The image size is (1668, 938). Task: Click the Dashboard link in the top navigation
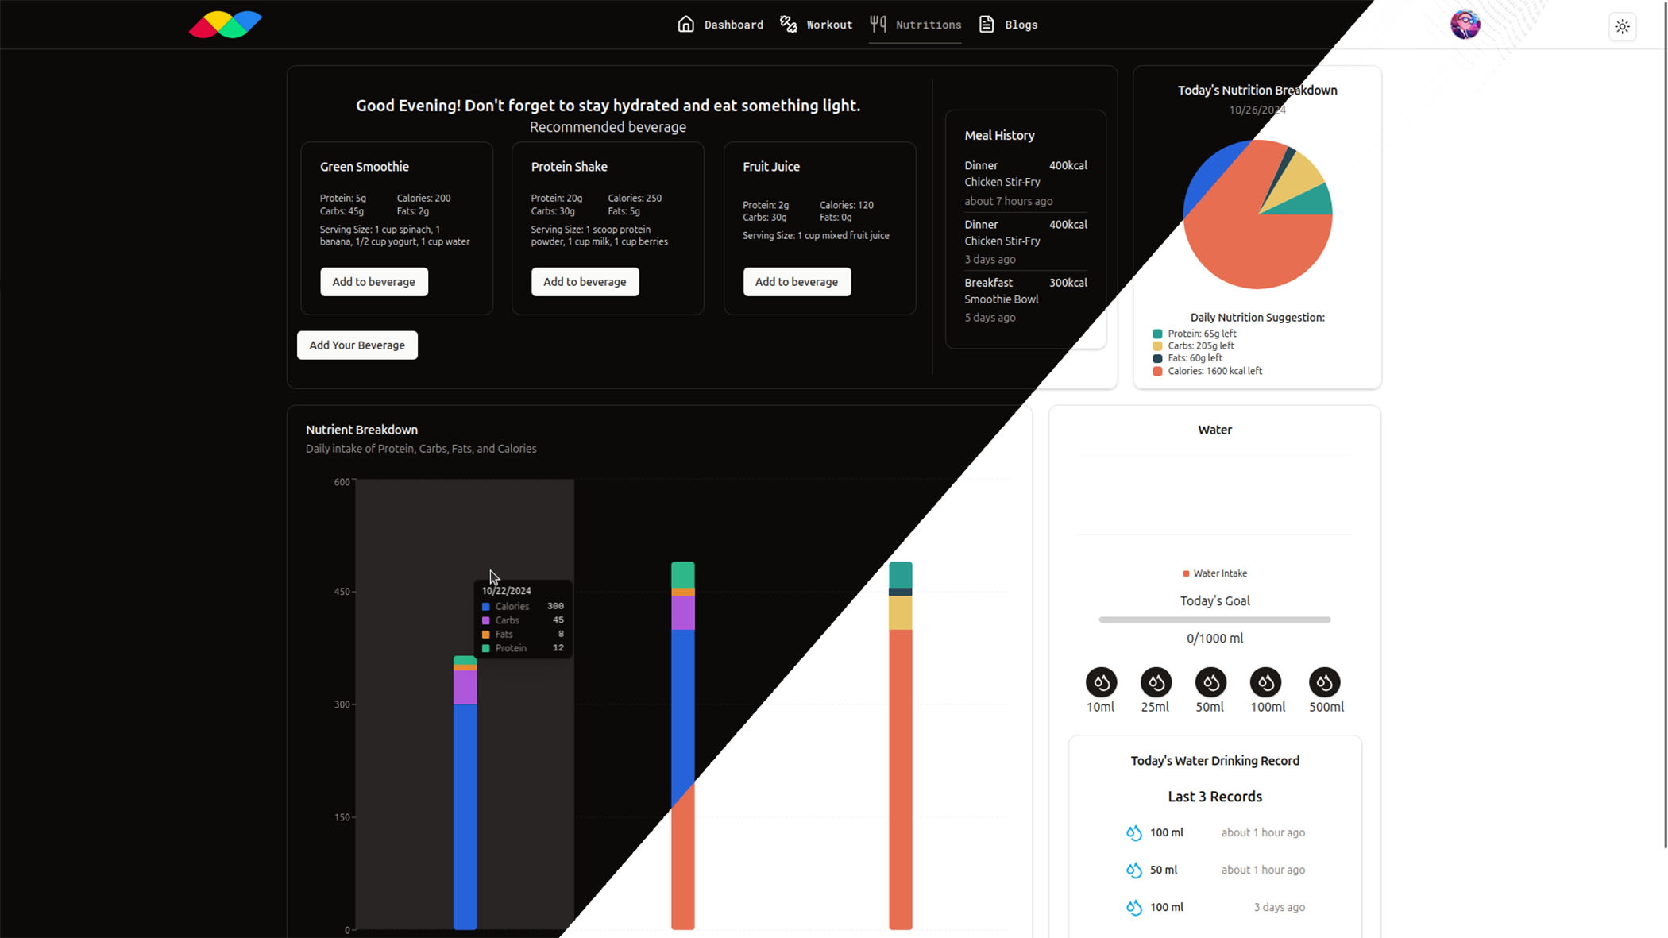pos(720,25)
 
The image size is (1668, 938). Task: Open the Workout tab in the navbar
pos(817,25)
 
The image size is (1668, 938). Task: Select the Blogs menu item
pos(1009,25)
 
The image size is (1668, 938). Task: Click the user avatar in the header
pos(1465,25)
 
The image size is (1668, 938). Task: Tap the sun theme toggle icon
pos(1622,26)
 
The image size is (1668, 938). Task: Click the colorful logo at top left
pos(226,25)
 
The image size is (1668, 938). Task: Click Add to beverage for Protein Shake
pos(585,282)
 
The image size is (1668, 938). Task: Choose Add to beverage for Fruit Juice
pos(797,282)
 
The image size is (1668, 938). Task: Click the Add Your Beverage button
pos(357,345)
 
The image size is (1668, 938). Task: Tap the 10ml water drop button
pos(1101,682)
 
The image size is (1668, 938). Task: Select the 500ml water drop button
pos(1324,682)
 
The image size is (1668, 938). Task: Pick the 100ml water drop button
pos(1265,682)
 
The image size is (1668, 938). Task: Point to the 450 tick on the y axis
pos(342,592)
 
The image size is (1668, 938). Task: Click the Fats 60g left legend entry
pos(1195,358)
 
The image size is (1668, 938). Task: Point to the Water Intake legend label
pos(1219,573)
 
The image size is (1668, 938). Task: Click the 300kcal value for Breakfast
pos(1068,283)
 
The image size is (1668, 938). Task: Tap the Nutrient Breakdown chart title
pos(361,430)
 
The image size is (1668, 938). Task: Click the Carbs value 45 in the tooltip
pos(558,620)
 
